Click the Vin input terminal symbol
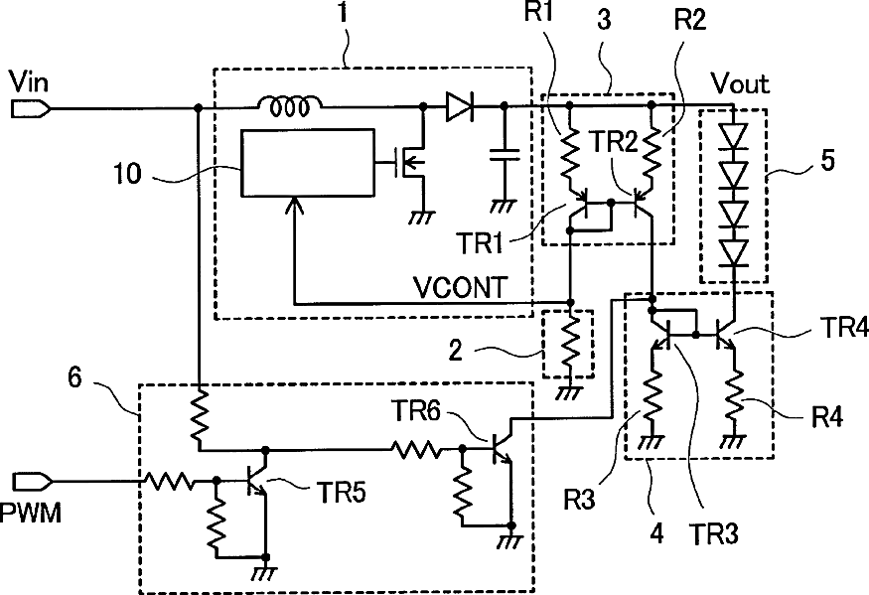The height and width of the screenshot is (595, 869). [31, 109]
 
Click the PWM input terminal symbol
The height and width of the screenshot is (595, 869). [32, 482]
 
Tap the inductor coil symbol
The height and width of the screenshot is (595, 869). [289, 106]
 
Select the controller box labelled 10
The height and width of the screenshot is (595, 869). [307, 163]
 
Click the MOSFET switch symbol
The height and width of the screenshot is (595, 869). [410, 163]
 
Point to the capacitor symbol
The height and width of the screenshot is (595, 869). [504, 154]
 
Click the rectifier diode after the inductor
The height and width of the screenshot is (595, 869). [460, 107]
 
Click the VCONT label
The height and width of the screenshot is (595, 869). [460, 287]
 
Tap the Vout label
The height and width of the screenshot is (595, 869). [741, 83]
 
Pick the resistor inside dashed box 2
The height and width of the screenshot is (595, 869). [570, 346]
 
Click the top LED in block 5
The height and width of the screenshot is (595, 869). [734, 135]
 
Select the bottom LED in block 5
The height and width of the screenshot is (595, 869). [734, 252]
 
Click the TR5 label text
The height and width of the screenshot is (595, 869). [341, 492]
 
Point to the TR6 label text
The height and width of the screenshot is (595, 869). [416, 411]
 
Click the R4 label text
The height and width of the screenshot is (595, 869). [827, 416]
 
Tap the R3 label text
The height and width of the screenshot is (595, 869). [579, 499]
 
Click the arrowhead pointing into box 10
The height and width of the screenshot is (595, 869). [295, 206]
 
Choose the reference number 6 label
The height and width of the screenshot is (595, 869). [74, 377]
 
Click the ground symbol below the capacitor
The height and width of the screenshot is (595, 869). [504, 208]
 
